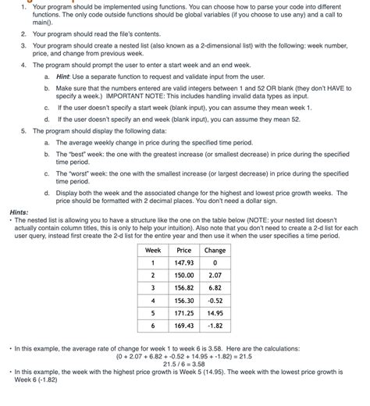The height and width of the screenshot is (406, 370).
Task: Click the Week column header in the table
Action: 154,250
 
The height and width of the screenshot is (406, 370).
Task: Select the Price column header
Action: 184,250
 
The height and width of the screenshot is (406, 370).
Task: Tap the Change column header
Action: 215,250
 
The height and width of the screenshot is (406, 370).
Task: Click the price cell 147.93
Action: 184,263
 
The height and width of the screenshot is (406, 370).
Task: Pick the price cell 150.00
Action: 184,276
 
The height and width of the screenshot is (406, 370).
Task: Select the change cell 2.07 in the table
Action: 215,276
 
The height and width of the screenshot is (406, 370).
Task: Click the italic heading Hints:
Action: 18,212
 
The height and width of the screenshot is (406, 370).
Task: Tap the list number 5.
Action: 23,130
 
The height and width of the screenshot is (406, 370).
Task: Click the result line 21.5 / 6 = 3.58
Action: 184,364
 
